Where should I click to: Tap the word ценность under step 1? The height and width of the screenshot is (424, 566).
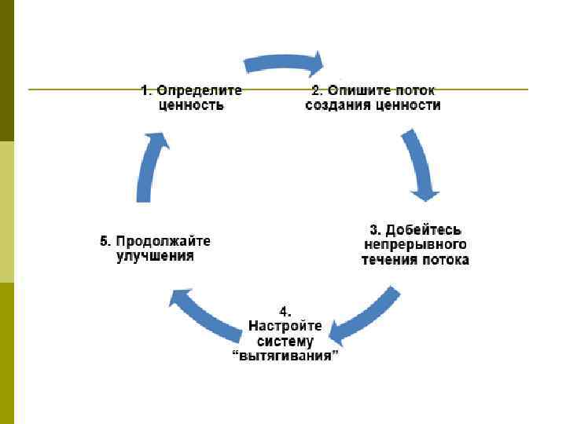click(191, 104)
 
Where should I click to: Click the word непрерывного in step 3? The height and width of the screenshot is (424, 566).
click(414, 244)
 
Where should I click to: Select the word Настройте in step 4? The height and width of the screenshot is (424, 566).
click(285, 326)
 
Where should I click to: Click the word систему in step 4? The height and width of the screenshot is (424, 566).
click(285, 341)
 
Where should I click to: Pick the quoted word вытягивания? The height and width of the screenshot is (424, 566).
click(285, 356)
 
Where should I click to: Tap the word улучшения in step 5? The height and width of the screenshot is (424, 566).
click(155, 256)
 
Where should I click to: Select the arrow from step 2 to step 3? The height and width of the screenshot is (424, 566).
click(420, 165)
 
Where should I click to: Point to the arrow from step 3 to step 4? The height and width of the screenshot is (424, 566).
click(365, 315)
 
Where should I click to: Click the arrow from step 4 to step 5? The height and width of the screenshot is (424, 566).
click(205, 314)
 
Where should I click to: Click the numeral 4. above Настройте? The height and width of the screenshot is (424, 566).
click(285, 311)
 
